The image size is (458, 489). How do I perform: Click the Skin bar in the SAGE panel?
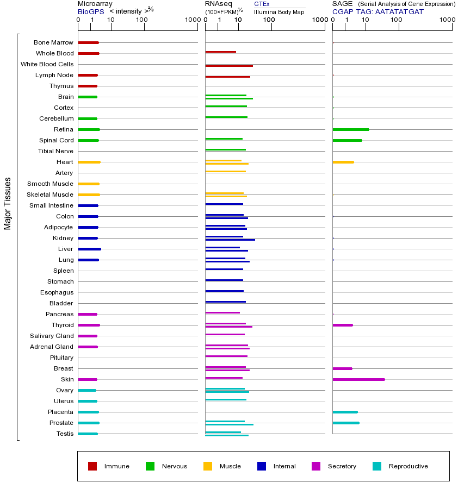point(358,379)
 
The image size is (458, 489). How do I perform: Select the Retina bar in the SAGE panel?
point(351,129)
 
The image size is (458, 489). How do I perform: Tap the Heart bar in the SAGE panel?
point(343,162)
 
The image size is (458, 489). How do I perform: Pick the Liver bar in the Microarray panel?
point(89,249)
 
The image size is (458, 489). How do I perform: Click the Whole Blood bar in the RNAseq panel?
point(220,52)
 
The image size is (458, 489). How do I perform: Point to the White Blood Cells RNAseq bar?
point(229,66)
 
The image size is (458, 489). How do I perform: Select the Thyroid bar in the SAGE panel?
point(342,325)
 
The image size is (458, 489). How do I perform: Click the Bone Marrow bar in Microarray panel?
point(88,42)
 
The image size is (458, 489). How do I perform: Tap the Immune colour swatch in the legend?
point(92,466)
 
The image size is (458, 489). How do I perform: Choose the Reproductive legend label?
point(408,466)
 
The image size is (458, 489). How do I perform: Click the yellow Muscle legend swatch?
point(208,466)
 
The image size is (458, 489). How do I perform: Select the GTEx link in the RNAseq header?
point(262,4)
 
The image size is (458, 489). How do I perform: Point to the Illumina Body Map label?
point(279,11)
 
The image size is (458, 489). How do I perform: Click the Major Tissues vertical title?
point(8,203)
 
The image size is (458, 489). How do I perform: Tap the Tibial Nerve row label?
point(55,151)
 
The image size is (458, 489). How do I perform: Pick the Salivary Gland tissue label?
point(53,336)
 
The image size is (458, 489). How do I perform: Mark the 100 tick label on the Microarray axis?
point(142,20)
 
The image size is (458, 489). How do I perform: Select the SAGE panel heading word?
point(342,4)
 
